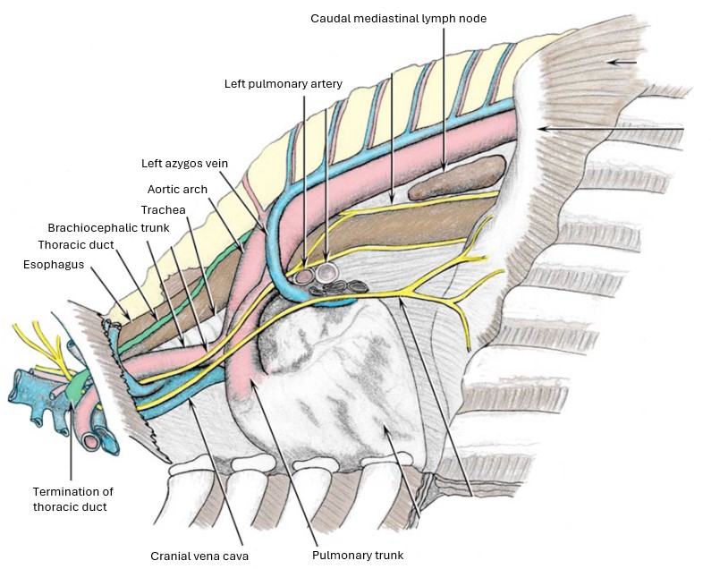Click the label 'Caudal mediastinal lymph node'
point(398,18)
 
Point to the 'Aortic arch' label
point(177,189)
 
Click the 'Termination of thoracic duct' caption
point(73,498)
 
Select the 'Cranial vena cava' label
point(199,555)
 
